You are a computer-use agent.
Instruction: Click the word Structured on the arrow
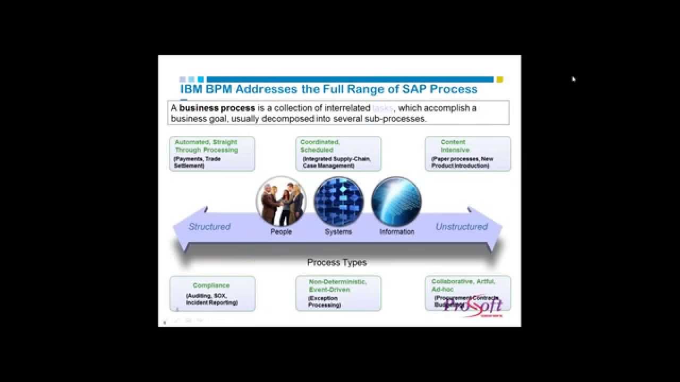(209, 227)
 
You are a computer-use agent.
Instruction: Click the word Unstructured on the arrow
(461, 227)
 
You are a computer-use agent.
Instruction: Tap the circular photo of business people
(281, 202)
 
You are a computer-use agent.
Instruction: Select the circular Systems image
(338, 202)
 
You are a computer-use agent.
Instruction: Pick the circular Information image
(396, 202)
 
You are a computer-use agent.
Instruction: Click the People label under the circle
(281, 232)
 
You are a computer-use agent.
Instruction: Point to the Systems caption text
(338, 232)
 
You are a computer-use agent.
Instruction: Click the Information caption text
(397, 232)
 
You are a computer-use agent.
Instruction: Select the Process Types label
(337, 263)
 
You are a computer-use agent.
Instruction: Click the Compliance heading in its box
(211, 285)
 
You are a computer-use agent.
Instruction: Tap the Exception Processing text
(325, 302)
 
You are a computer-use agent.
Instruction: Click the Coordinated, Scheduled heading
(320, 146)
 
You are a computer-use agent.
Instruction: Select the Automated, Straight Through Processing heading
(206, 146)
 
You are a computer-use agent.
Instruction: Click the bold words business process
(217, 108)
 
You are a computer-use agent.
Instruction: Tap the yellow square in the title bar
(500, 80)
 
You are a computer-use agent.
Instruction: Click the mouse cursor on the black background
(573, 79)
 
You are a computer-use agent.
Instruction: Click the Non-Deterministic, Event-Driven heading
(337, 285)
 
